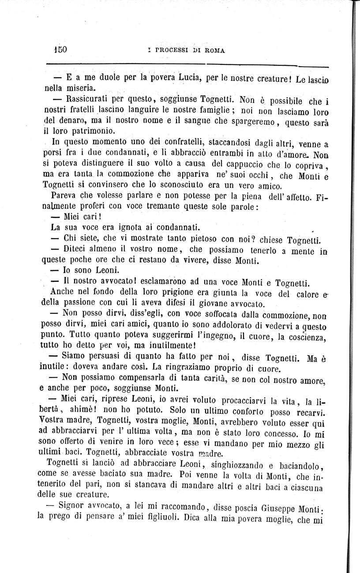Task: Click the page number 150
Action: tap(59, 49)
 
